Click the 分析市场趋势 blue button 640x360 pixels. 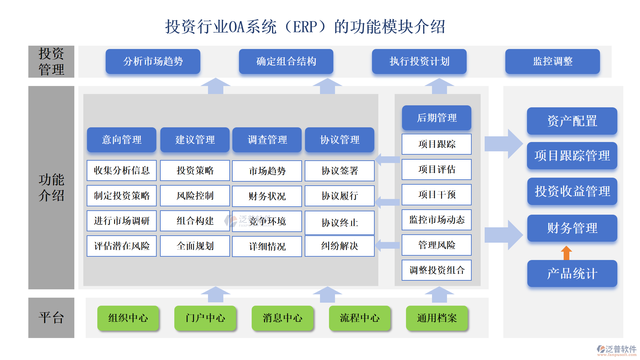153,61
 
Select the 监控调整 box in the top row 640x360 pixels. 552,61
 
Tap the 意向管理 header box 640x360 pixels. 121,140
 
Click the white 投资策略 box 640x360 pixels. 195,170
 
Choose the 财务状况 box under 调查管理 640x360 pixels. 267,196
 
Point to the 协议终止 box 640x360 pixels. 339,222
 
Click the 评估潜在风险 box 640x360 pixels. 121,246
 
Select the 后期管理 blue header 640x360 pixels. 436,118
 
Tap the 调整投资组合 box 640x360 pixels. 436,270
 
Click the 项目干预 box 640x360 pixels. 436,194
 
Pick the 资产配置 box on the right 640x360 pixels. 572,121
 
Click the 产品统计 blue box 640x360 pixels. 572,273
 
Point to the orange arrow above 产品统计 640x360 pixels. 566,253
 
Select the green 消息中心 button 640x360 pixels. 282,318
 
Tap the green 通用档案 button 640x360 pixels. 437,318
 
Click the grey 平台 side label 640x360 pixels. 51,318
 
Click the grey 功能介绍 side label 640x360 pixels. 51,187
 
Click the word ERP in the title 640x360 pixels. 305,27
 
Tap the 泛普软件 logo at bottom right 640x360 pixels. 616,350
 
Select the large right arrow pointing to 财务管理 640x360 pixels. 503,235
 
